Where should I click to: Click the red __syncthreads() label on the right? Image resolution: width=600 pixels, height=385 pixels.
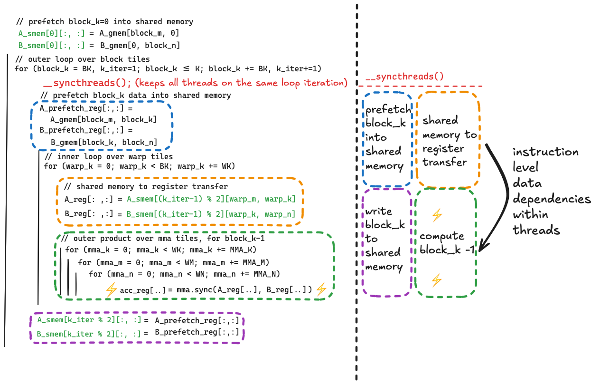click(x=404, y=76)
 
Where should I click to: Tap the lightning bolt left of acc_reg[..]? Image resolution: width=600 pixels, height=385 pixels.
click(x=111, y=289)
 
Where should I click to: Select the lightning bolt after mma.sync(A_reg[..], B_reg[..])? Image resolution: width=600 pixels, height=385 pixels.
click(x=321, y=289)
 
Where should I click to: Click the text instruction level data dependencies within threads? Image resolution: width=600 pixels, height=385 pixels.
click(x=551, y=191)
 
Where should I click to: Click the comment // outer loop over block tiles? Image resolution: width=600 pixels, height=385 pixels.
click(x=83, y=59)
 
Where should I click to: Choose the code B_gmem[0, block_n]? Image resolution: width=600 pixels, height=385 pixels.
click(x=139, y=46)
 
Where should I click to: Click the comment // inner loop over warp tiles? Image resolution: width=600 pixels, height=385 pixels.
click(x=108, y=157)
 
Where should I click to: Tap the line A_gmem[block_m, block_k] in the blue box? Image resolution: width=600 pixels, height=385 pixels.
click(x=103, y=120)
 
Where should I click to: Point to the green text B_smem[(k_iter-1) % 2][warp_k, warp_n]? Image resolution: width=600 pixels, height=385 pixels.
click(x=210, y=214)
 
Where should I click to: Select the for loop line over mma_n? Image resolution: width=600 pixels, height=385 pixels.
click(x=184, y=274)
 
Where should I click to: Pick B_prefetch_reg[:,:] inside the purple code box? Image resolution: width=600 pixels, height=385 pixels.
click(x=197, y=333)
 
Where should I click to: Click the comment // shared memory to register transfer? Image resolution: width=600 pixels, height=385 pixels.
click(x=146, y=187)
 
